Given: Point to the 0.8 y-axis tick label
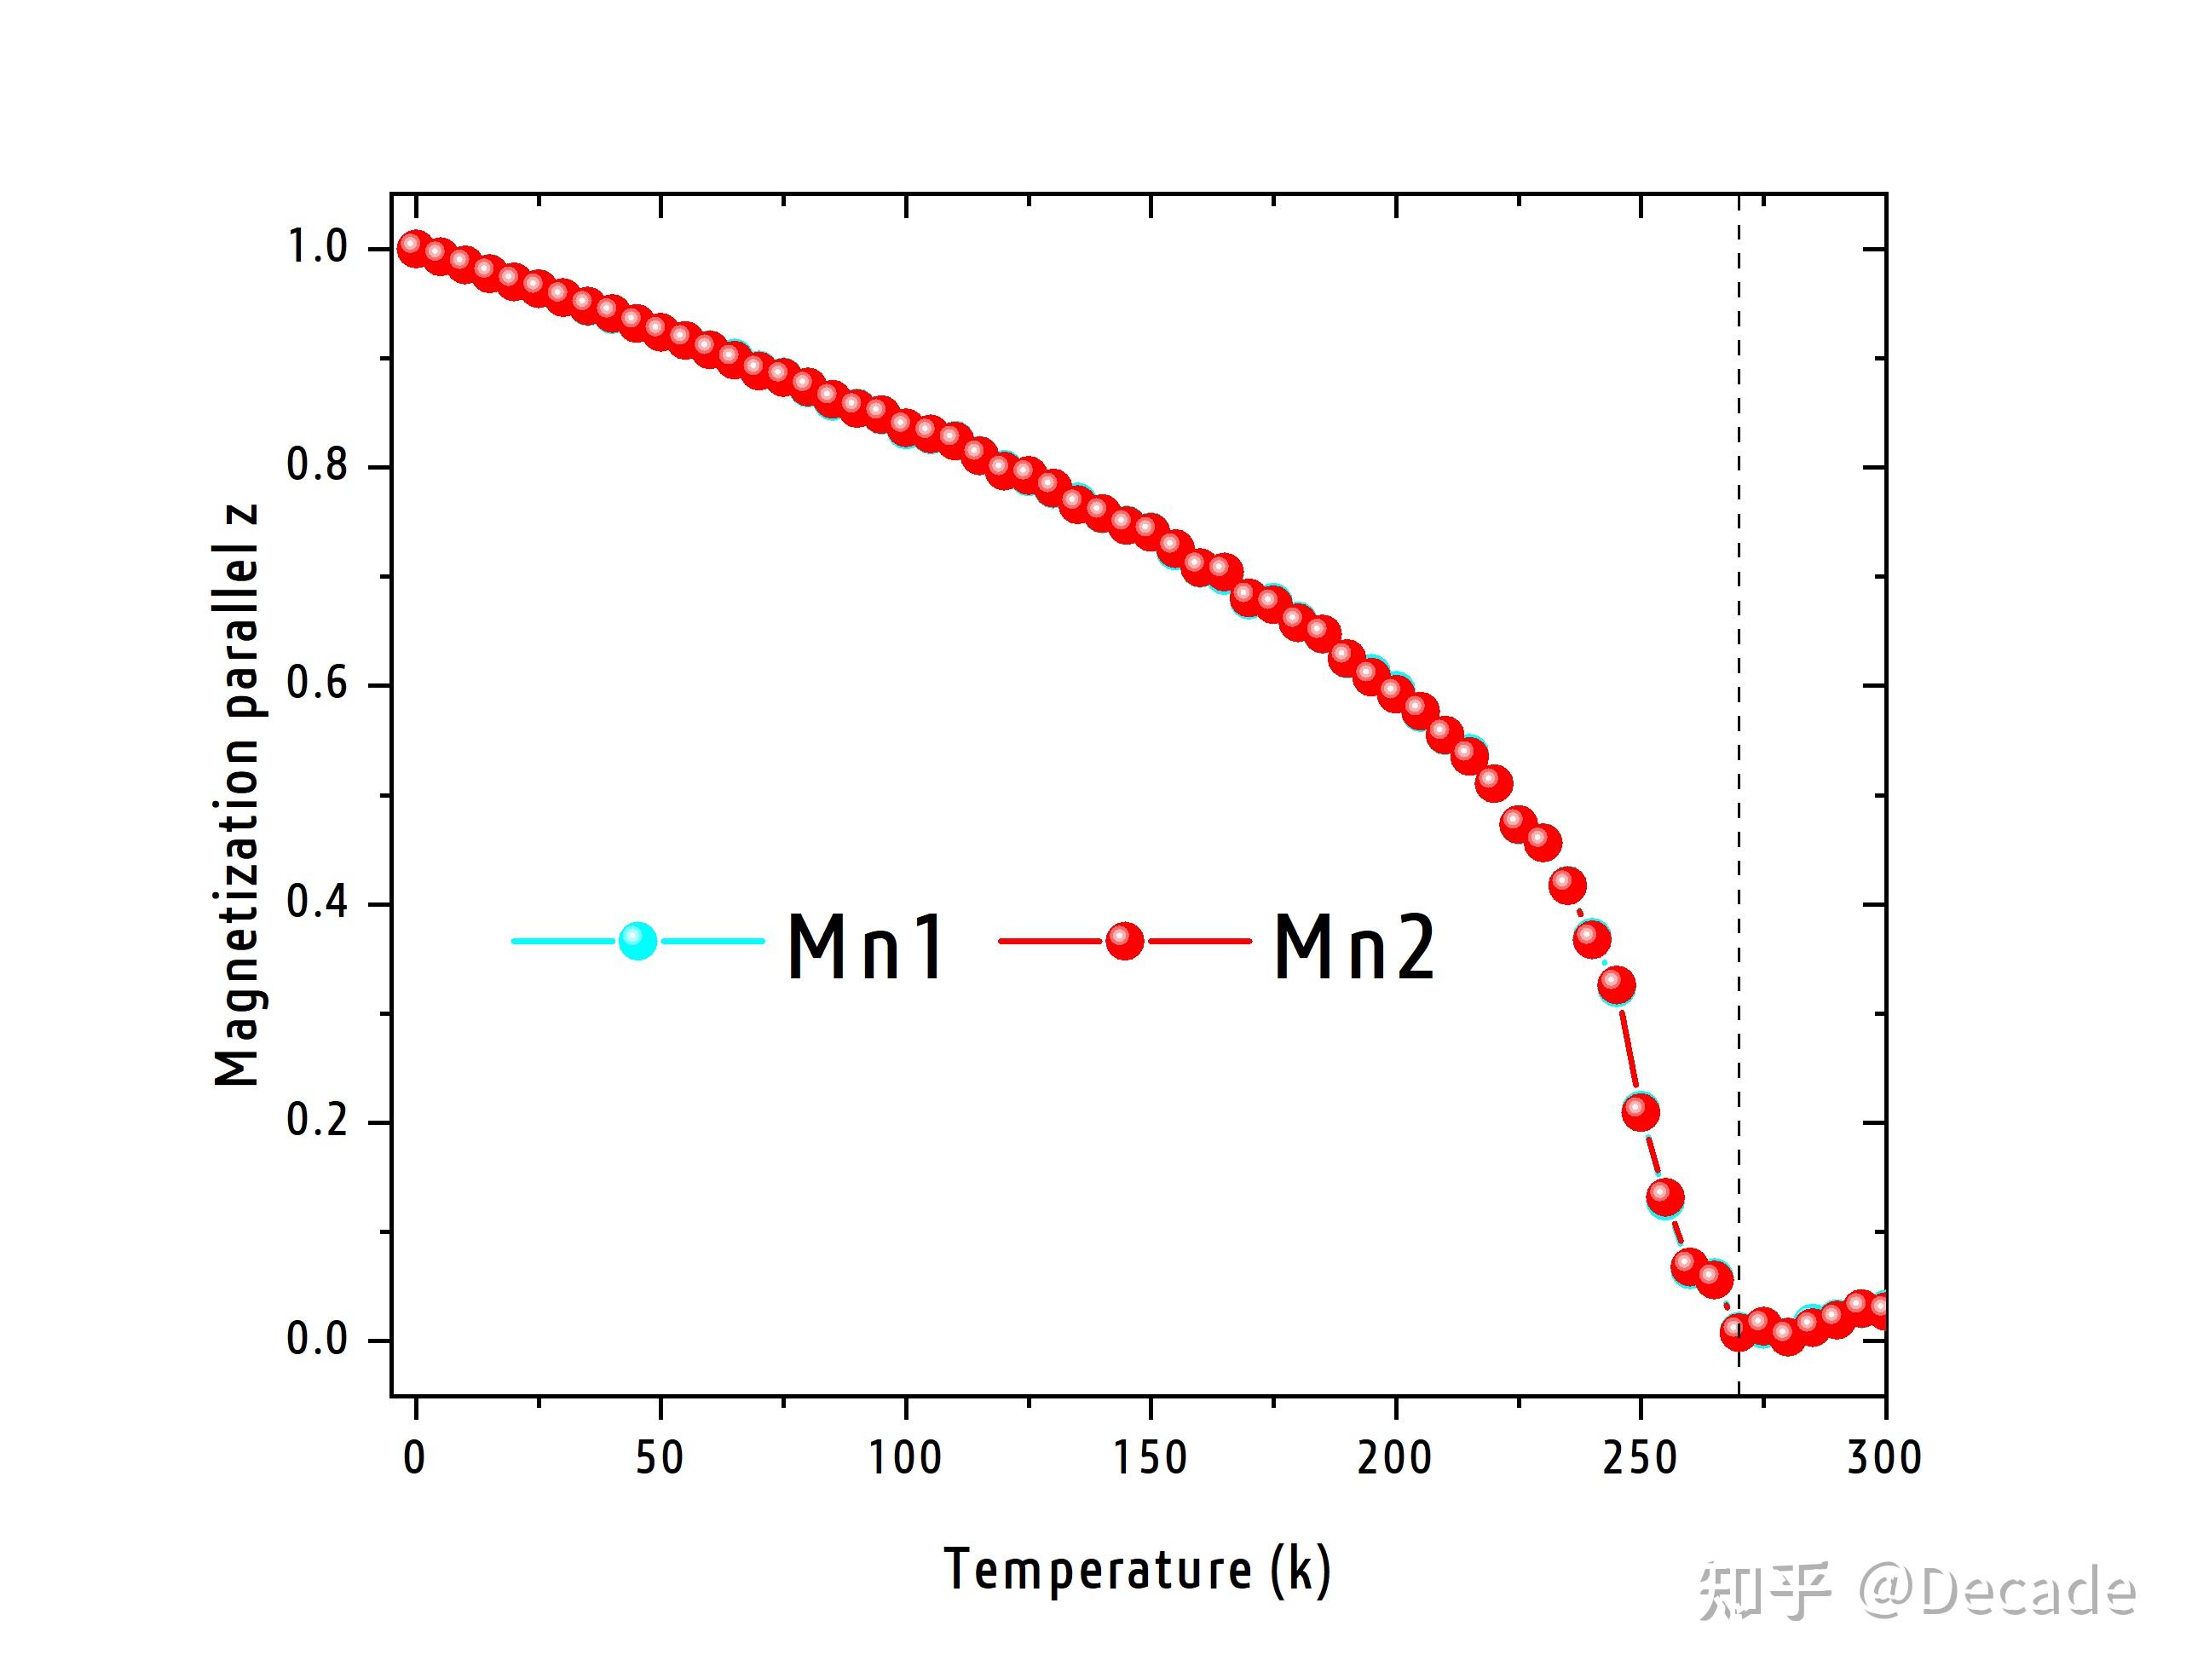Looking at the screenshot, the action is [318, 465].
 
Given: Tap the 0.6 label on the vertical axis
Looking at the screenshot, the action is [318, 684].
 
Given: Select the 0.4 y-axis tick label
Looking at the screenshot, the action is [318, 903].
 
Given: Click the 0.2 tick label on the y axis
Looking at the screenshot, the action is [318, 1121].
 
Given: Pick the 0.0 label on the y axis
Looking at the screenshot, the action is [318, 1340].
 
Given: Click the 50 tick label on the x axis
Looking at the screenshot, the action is [660, 1458].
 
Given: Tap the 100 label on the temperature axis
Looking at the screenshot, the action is [905, 1458].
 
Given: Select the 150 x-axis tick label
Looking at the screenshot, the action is [1151, 1458].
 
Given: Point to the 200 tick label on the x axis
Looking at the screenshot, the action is [1395, 1458].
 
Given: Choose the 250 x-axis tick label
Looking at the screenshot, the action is [1640, 1458].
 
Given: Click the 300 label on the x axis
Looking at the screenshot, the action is [1884, 1458].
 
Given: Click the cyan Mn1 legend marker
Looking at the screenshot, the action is [637, 941].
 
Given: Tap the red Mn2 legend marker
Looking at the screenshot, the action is [1124, 941].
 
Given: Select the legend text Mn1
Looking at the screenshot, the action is [865, 946].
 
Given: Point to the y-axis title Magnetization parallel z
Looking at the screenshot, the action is [238, 795].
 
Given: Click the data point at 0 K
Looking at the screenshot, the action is [413, 248].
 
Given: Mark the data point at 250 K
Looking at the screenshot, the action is [1641, 1110].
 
